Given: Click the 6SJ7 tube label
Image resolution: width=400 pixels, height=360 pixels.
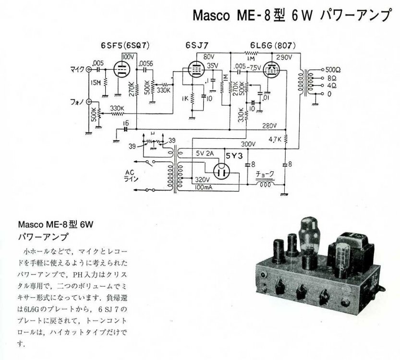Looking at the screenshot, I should [197, 46].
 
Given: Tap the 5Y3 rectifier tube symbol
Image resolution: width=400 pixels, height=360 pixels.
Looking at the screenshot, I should [221, 171].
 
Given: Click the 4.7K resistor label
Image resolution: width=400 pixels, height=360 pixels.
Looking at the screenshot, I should [274, 140].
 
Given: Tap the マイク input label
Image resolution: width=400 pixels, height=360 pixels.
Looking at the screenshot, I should [77, 69].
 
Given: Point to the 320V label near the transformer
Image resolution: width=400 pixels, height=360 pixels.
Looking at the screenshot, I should [203, 180].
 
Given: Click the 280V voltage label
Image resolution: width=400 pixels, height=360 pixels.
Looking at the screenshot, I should [269, 126].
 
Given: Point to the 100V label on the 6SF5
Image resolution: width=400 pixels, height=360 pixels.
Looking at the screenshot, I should [128, 57].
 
